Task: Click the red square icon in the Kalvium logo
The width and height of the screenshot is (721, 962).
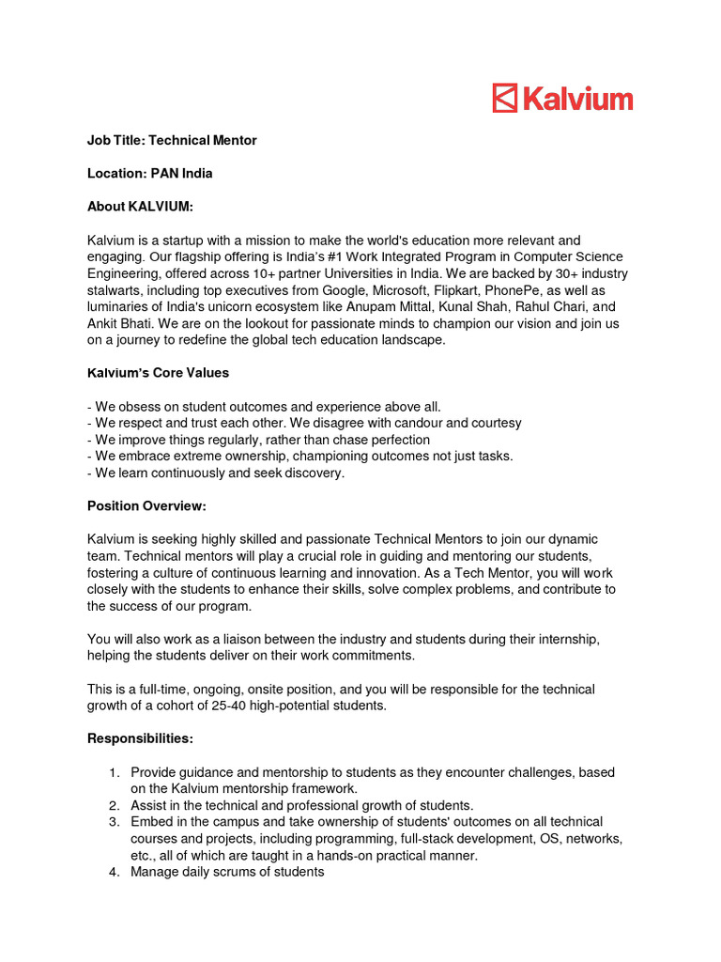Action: (505, 98)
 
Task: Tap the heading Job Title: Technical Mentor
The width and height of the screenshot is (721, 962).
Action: (172, 140)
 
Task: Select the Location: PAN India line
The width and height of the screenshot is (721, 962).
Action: (150, 173)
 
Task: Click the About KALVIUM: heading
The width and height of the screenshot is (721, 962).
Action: (140, 207)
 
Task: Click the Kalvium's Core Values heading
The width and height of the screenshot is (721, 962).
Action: (158, 373)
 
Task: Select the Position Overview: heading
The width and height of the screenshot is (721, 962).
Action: (146, 506)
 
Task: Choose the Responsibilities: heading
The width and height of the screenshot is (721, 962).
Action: (140, 738)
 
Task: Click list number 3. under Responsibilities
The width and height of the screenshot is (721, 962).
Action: (114, 822)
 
